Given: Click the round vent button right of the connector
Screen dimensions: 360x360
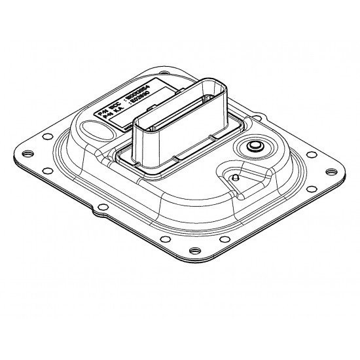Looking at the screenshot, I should click(254, 147).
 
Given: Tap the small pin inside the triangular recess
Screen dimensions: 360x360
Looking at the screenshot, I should click(233, 177).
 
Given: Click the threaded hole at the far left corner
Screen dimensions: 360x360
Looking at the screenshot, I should click(27, 154).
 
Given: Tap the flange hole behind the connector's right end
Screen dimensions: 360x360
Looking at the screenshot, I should click(261, 118).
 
